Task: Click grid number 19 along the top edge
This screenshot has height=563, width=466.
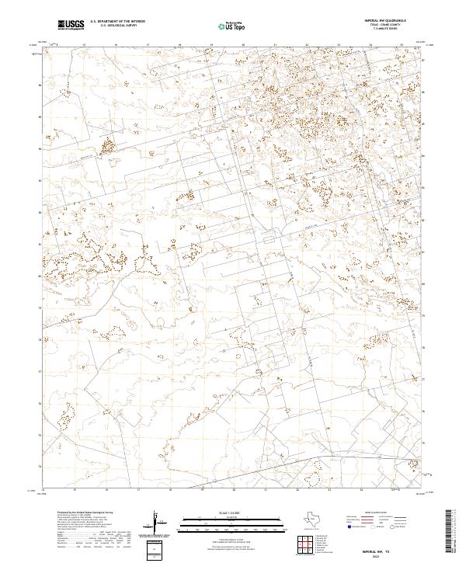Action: pos(210,45)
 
